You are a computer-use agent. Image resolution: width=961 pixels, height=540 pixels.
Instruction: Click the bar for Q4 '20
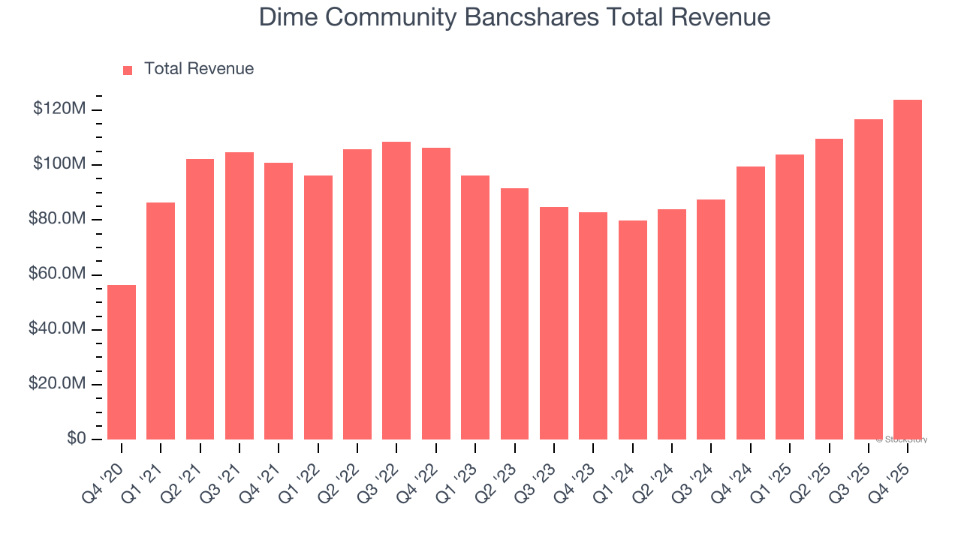click(x=122, y=362)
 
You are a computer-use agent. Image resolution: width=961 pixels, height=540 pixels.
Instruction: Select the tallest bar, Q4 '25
click(x=908, y=270)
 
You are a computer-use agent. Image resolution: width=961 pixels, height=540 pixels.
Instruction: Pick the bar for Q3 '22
click(x=396, y=291)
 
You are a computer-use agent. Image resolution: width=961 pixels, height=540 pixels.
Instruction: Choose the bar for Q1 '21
click(x=161, y=321)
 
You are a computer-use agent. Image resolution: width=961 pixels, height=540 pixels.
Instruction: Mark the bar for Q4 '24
click(x=751, y=303)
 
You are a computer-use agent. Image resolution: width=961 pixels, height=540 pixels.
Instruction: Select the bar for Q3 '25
click(x=869, y=279)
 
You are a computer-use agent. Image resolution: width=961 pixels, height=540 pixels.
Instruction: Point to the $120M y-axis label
click(x=59, y=109)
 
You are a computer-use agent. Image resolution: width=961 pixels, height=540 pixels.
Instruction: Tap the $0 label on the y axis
click(x=76, y=439)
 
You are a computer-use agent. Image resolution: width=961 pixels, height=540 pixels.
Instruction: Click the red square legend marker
click(x=128, y=70)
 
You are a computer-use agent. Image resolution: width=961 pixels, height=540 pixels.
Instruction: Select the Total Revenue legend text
click(x=199, y=69)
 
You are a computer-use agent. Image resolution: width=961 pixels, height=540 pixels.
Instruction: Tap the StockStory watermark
click(x=902, y=439)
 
